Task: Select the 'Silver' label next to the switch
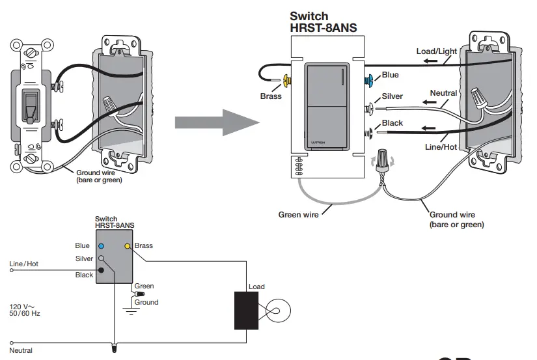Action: [392, 96]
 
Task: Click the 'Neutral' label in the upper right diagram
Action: [443, 93]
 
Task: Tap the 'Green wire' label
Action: [298, 214]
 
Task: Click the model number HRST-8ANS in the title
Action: [323, 28]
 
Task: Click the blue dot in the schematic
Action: [101, 247]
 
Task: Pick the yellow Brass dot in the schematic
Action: [128, 247]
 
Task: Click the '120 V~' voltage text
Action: [21, 305]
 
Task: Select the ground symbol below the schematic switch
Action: [133, 311]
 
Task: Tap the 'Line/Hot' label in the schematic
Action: [24, 264]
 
